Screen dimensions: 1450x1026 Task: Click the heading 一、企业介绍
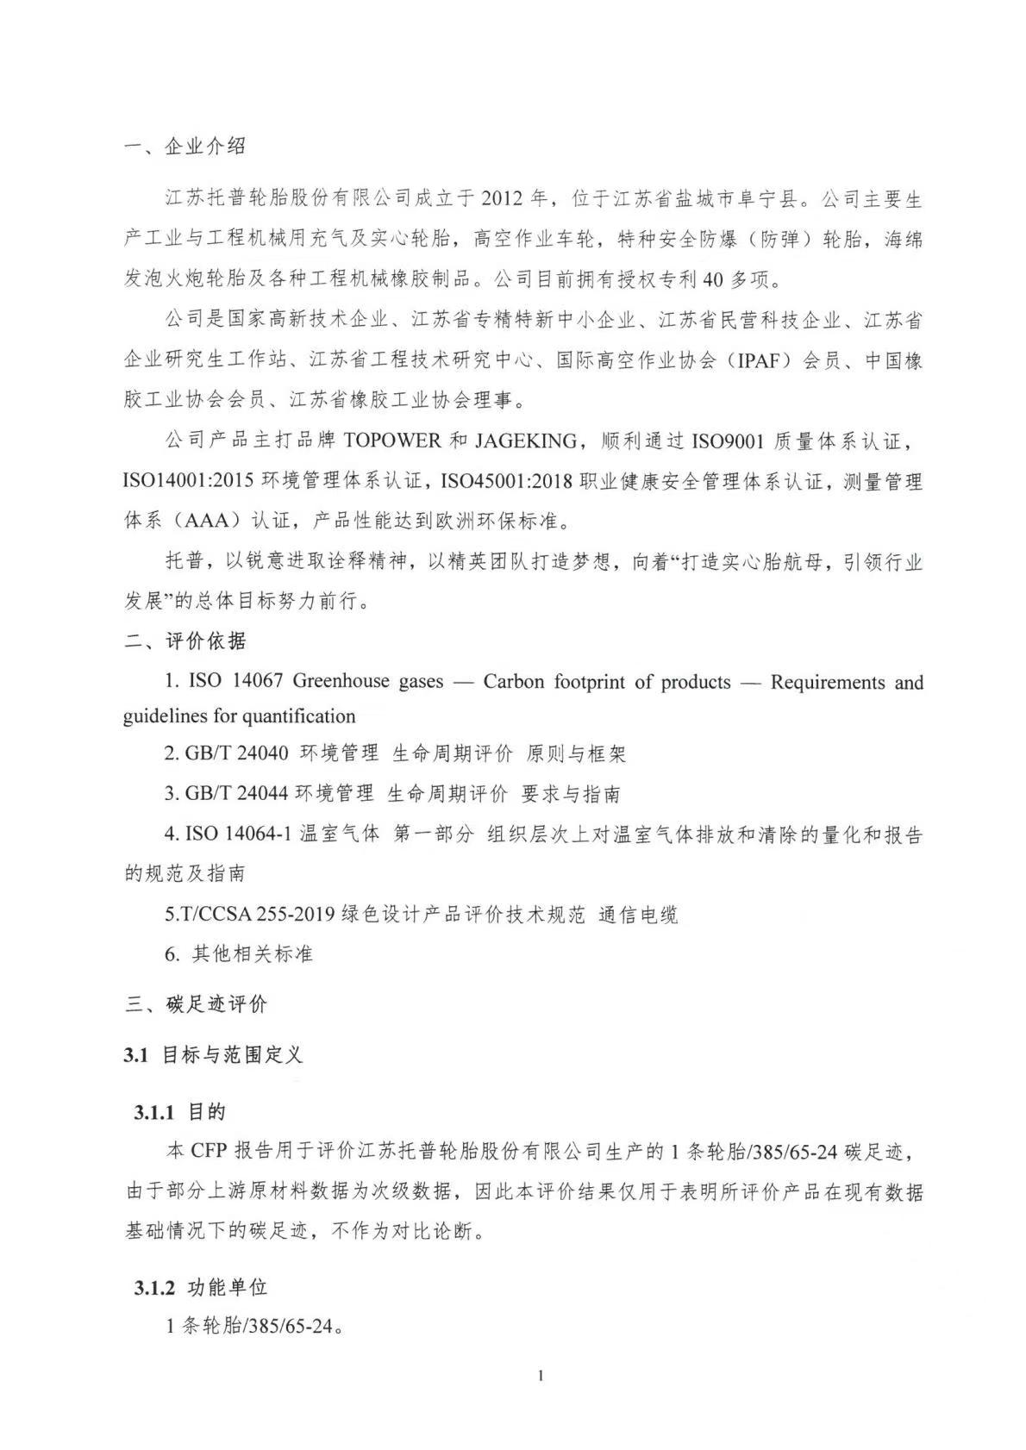pyautogui.click(x=185, y=147)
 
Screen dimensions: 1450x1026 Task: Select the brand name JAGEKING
pyautogui.click(x=524, y=441)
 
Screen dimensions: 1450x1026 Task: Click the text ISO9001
pyautogui.click(x=727, y=441)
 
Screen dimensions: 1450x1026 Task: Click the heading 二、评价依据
pyautogui.click(x=185, y=641)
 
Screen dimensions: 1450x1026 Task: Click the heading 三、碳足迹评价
pyautogui.click(x=197, y=1003)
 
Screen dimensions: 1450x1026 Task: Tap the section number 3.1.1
pyautogui.click(x=155, y=1112)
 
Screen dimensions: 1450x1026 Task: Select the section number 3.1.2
pyautogui.click(x=155, y=1288)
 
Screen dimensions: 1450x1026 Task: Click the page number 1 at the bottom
pyautogui.click(x=541, y=1376)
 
